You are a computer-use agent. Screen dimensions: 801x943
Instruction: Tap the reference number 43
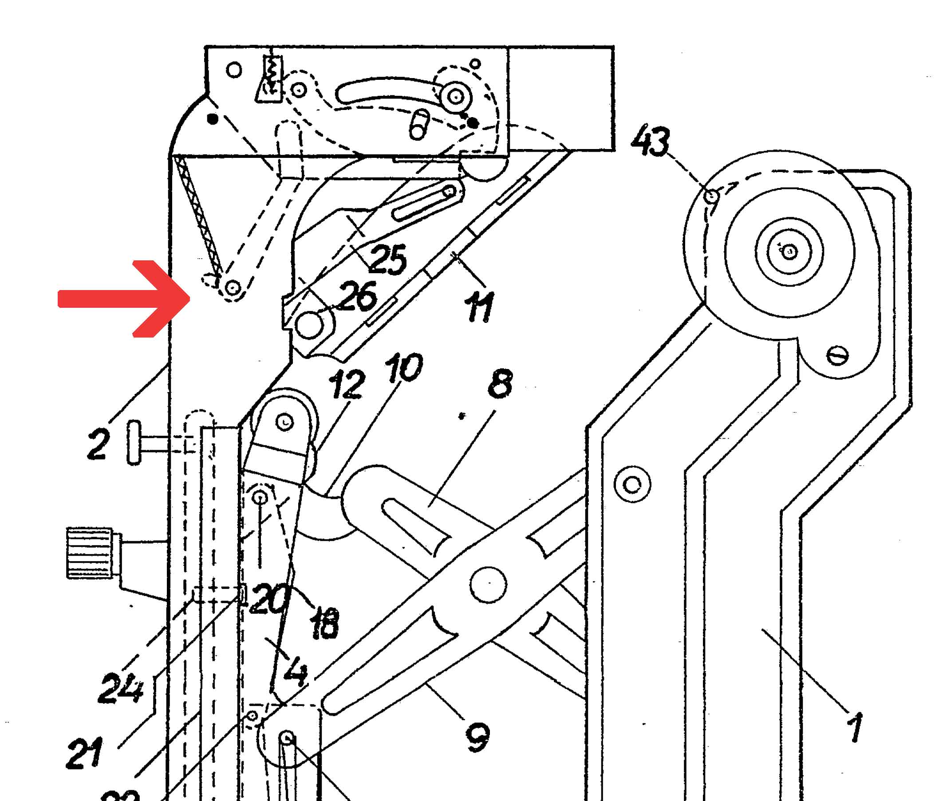coord(651,141)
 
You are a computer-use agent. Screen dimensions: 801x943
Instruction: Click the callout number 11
coord(479,307)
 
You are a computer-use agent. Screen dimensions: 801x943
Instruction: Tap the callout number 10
coord(403,367)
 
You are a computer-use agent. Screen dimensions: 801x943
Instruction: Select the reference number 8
coord(500,383)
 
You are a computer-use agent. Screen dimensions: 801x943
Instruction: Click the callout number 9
coord(477,738)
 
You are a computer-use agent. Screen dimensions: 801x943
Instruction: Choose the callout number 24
coord(121,687)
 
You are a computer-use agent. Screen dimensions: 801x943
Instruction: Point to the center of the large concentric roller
coord(789,251)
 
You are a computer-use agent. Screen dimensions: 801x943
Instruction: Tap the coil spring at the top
coord(272,75)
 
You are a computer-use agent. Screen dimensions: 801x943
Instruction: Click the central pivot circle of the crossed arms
coord(488,585)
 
